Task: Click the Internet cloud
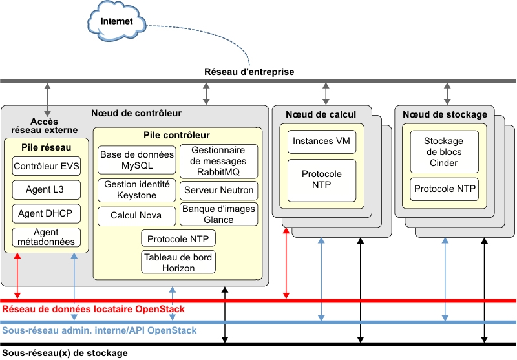tap(116, 21)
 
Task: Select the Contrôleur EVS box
tap(46, 166)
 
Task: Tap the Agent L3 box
tap(46, 189)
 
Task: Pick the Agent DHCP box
tap(46, 213)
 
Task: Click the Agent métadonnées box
tap(46, 237)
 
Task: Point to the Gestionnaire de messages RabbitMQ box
tap(218, 161)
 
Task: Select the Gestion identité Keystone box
tap(137, 190)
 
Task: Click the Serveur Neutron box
tap(218, 191)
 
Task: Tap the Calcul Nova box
tap(137, 215)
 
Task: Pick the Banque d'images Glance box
tap(218, 215)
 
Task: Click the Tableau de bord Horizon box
tap(178, 262)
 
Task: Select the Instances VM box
tap(317, 141)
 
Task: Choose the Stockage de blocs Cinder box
tap(444, 152)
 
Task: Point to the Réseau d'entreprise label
tap(249, 72)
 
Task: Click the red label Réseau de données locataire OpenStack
tap(94, 310)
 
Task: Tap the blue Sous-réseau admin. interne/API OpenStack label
tap(100, 330)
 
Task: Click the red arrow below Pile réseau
tap(17, 275)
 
